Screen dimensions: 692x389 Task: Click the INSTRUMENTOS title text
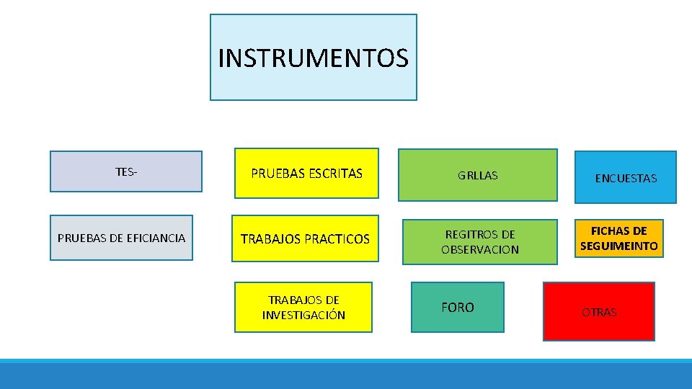(313, 58)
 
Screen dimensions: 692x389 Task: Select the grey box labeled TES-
(125, 171)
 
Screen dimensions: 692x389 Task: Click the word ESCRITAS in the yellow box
(335, 174)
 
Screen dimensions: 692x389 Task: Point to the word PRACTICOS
(337, 238)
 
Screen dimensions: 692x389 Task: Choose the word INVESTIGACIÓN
(303, 315)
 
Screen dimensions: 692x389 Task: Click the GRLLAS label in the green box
(477, 176)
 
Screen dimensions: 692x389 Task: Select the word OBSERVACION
(479, 249)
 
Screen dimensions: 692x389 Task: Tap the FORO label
(457, 308)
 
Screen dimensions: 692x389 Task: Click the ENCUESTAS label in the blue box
(625, 178)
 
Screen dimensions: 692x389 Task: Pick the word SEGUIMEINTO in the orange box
(618, 246)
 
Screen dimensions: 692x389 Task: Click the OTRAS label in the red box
(599, 313)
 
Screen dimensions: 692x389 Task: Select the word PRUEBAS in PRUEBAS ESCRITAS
(277, 174)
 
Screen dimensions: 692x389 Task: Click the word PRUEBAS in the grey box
(79, 238)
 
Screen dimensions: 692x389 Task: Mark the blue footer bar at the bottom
(346, 375)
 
